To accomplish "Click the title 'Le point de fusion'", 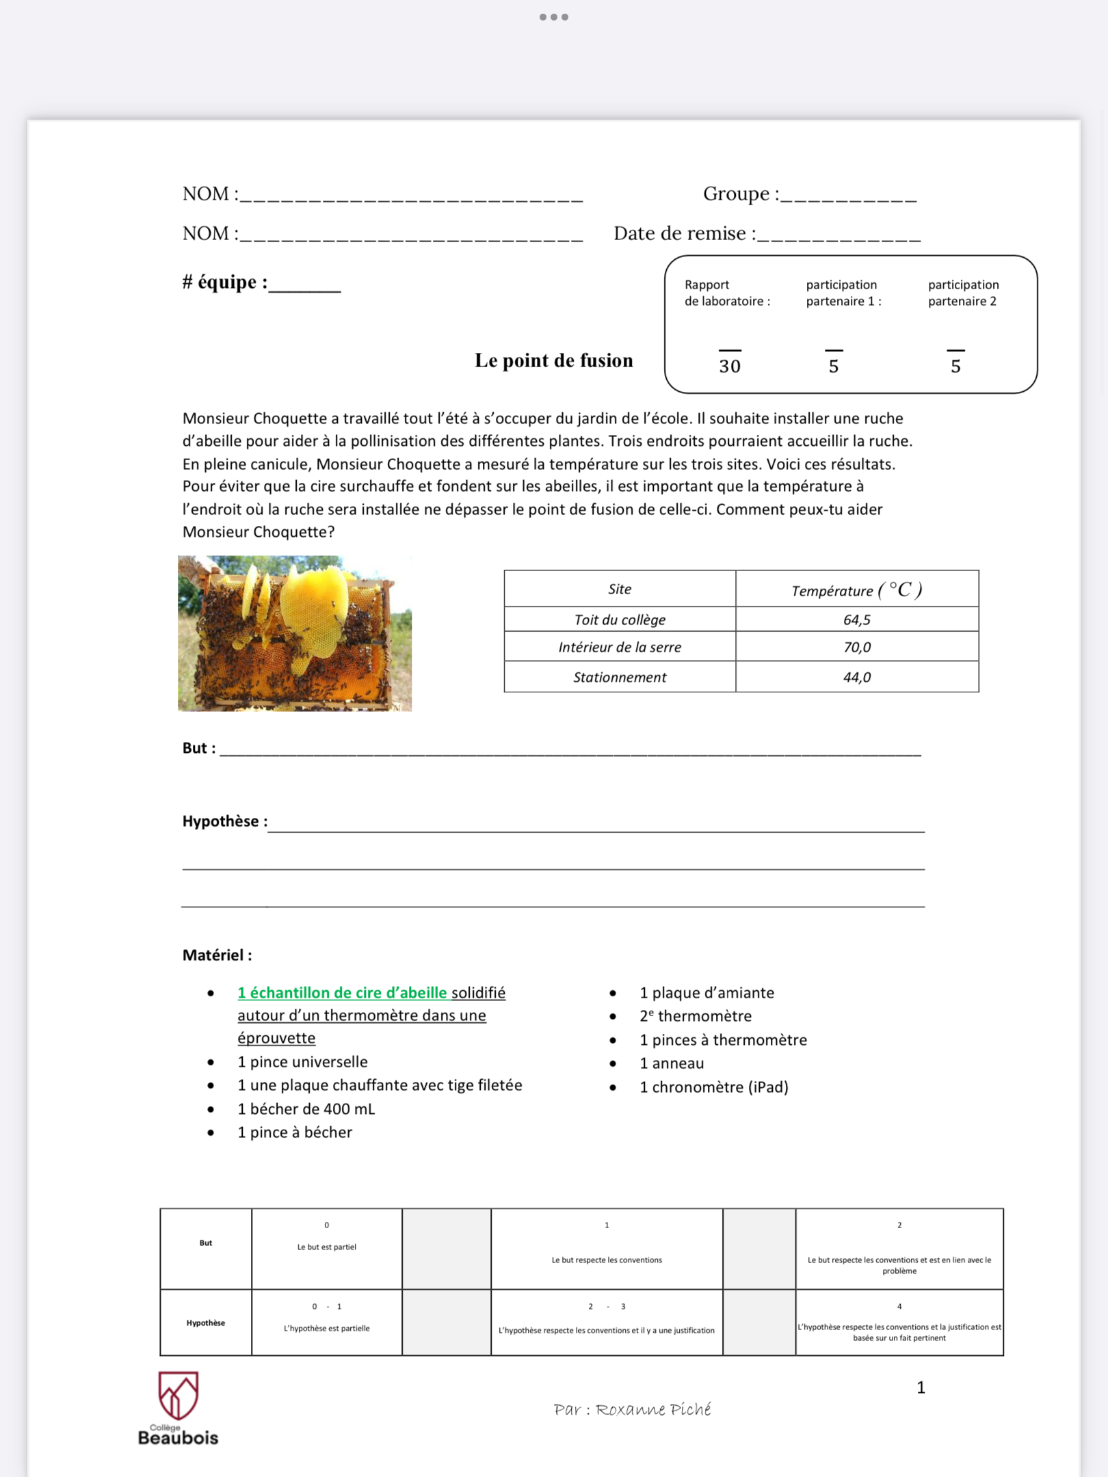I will click(553, 360).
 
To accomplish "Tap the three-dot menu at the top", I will click(553, 17).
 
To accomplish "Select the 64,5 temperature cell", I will click(856, 620).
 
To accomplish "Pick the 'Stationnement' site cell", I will click(619, 677).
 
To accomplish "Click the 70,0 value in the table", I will click(856, 647).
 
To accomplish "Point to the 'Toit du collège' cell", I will click(619, 620).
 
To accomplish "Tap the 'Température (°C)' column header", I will click(856, 589).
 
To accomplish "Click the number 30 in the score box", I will click(729, 367).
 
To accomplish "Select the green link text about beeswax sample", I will click(342, 993).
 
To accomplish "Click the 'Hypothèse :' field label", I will click(224, 821).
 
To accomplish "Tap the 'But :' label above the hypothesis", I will click(198, 748).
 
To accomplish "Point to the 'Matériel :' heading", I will click(217, 955).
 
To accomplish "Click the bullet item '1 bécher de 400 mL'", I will click(306, 1108).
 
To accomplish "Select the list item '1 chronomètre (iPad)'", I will click(713, 1087).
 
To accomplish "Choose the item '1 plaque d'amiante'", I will click(707, 993).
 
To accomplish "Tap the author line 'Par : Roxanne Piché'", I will click(632, 1409).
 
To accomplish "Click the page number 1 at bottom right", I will click(921, 1387).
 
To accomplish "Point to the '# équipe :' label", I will click(224, 282).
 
